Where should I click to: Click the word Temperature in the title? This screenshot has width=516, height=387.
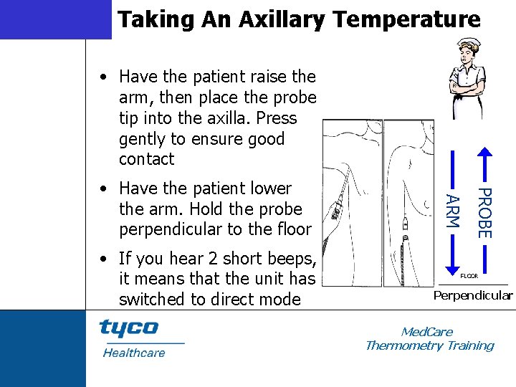(x=401, y=19)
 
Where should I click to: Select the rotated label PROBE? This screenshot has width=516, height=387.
(x=484, y=213)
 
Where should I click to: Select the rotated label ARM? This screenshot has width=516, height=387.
(x=453, y=211)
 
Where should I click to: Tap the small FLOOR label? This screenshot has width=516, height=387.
(x=469, y=275)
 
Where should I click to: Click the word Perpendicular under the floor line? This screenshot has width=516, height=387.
(x=473, y=295)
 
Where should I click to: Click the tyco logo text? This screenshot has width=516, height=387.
(x=129, y=328)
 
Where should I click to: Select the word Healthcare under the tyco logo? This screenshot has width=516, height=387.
(x=134, y=353)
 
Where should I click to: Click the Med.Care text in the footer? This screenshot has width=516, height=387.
(x=427, y=332)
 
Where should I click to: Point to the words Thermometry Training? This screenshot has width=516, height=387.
(x=429, y=345)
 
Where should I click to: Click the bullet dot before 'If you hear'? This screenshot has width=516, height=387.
(x=105, y=259)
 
